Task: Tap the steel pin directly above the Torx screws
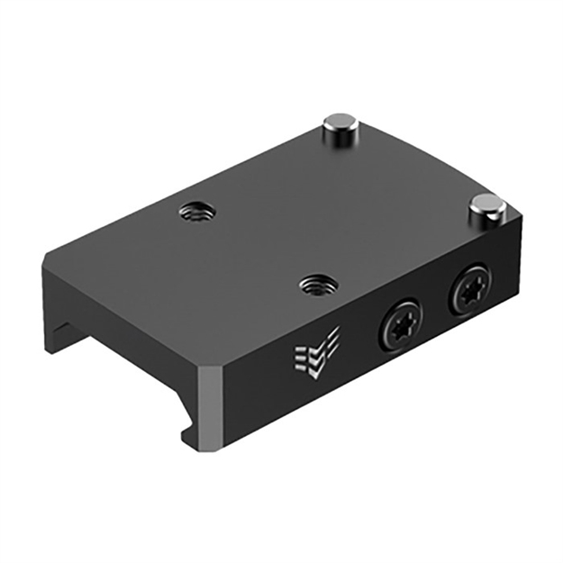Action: coord(486,207)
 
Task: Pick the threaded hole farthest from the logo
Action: coord(194,213)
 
